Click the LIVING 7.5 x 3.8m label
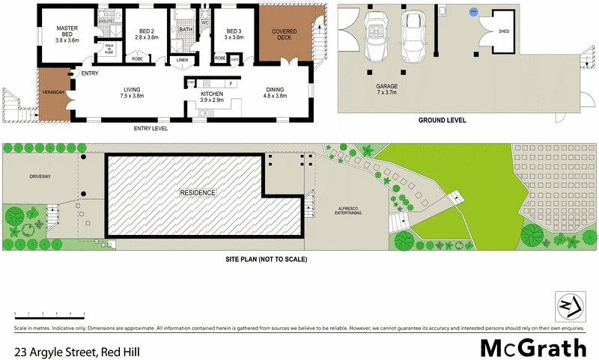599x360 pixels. click(x=133, y=92)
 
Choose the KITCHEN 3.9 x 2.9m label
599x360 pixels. click(x=213, y=97)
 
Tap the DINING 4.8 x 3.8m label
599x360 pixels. click(x=276, y=92)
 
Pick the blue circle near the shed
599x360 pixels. click(x=472, y=11)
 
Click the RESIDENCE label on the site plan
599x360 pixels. click(x=198, y=193)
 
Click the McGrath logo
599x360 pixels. click(x=533, y=347)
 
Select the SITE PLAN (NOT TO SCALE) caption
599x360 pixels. click(x=266, y=259)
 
